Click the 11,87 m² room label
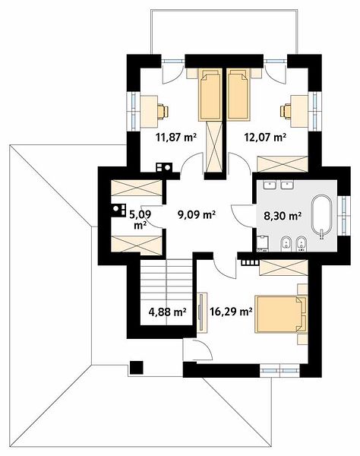point(176,137)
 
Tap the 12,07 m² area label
point(265,137)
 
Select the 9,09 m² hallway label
point(197,215)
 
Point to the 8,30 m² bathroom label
point(282,216)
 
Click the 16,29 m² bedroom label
point(231,312)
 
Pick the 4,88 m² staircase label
point(167,312)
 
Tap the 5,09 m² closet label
point(140,220)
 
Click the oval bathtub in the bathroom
point(321,216)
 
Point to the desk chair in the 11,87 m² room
point(163,112)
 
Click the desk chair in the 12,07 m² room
point(286,112)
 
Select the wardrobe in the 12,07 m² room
point(283,164)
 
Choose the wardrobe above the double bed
point(283,268)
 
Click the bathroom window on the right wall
point(344,216)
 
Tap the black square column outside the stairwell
point(136,367)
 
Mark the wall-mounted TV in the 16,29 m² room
point(201,312)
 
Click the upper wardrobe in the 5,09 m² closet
point(137,188)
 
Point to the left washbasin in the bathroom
point(270,185)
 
